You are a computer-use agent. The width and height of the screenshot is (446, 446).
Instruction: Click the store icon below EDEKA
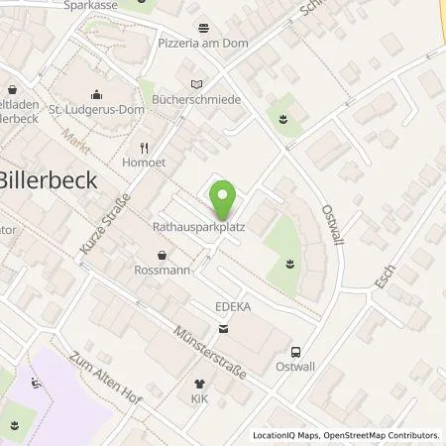221,327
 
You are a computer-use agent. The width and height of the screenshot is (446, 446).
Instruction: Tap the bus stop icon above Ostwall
295,352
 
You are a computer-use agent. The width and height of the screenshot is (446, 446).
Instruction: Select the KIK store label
199,397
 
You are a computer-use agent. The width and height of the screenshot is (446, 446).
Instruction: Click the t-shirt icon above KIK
198,382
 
